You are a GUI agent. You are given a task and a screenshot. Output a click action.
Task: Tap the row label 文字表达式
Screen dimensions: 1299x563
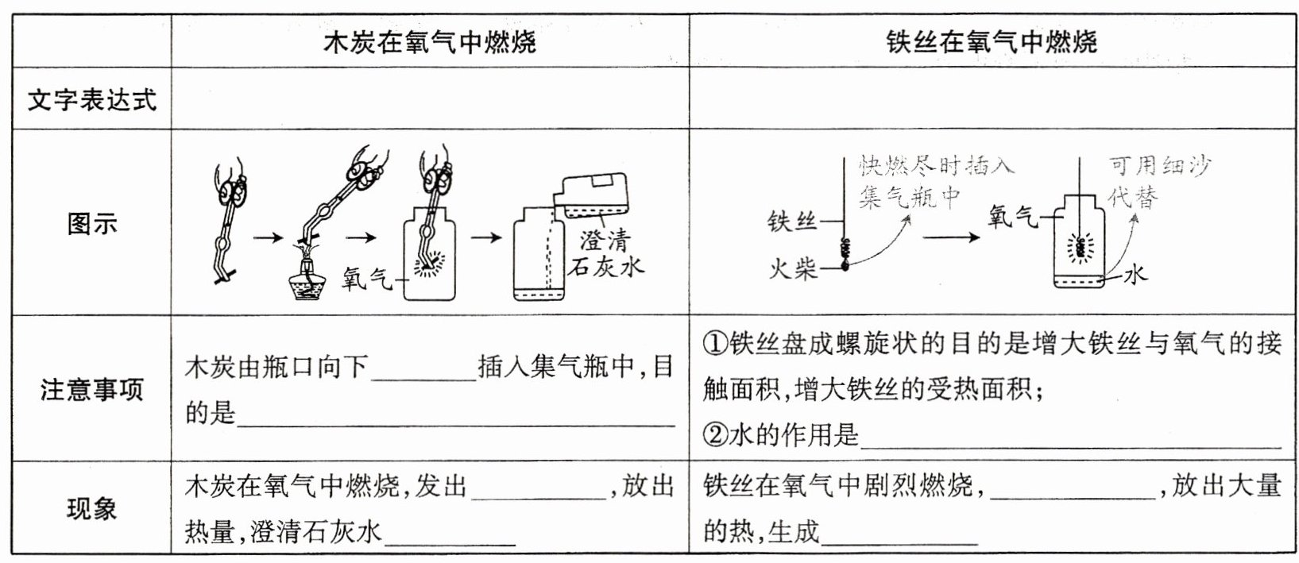coord(91,100)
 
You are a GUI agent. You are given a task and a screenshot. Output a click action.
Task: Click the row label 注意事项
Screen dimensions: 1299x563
coord(91,389)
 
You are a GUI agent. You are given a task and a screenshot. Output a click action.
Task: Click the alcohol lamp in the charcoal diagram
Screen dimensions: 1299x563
coord(311,282)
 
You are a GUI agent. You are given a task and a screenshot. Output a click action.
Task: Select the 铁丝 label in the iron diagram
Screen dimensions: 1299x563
coord(792,221)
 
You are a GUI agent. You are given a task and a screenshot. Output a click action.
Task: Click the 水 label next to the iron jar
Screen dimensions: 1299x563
coord(1136,275)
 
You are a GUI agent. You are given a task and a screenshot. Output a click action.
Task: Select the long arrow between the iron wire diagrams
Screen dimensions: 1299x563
coord(950,237)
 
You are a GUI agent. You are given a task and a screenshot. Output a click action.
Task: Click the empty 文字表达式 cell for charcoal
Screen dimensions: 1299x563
coord(430,100)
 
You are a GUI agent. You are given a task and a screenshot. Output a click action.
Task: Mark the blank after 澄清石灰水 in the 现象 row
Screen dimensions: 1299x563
coord(449,535)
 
